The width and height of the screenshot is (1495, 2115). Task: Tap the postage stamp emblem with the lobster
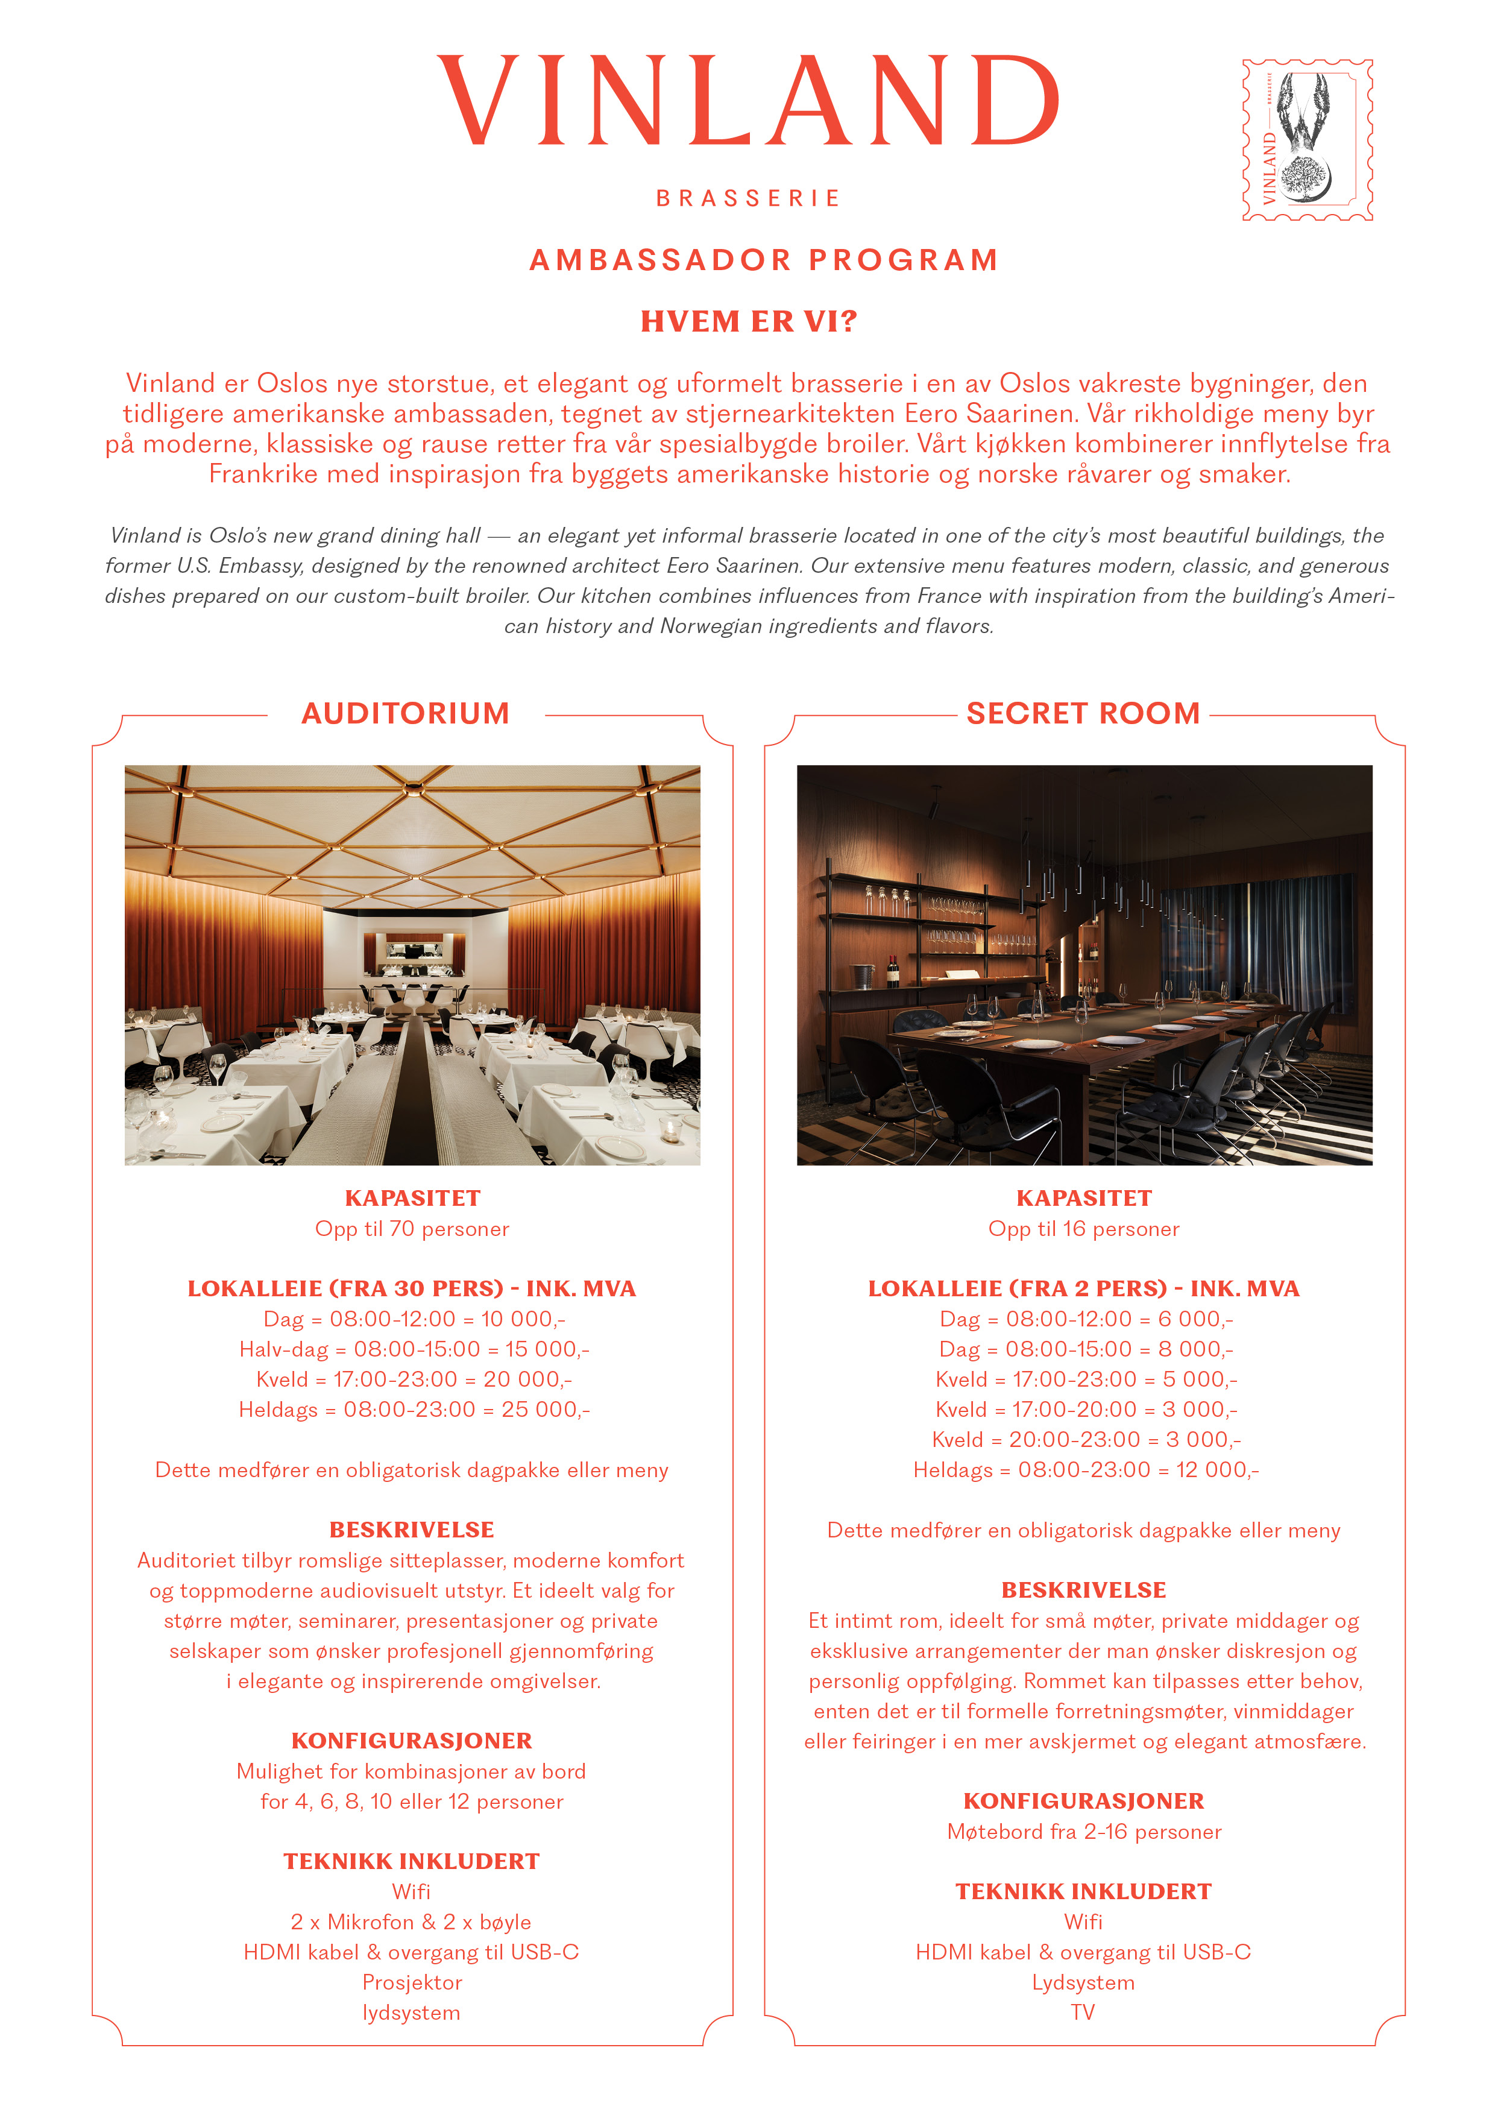coord(1307,140)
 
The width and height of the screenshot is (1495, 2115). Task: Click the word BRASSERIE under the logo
coord(748,198)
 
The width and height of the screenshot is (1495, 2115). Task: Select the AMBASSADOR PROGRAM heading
coord(764,260)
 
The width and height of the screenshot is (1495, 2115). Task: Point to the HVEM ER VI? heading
coord(749,321)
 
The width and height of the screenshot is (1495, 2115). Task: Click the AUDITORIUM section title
coord(405,713)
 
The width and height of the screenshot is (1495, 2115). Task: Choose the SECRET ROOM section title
coord(1083,713)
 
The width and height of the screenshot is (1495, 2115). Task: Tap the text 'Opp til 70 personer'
coord(412,1229)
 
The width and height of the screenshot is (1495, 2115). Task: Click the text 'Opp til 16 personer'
coord(1083,1229)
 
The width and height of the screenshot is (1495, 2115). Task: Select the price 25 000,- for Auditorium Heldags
coord(546,1410)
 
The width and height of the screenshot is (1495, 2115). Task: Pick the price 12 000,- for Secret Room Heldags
coord(1218,1470)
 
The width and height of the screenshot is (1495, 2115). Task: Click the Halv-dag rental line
coord(414,1349)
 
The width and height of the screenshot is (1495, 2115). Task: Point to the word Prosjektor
coord(412,1982)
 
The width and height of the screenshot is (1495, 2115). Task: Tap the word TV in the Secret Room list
coord(1083,2013)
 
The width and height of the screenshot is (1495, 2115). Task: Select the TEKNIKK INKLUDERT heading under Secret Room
coord(1083,1892)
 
